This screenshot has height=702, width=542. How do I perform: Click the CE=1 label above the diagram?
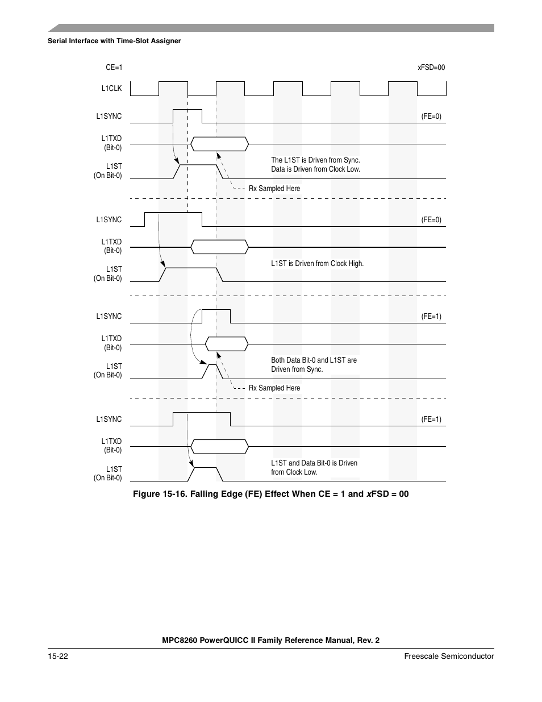pos(114,68)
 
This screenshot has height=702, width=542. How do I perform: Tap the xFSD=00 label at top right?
pos(431,68)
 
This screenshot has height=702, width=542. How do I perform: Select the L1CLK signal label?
pos(111,89)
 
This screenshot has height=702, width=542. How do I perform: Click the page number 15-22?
pos(58,656)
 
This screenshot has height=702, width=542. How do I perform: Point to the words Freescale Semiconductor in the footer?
pos(449,656)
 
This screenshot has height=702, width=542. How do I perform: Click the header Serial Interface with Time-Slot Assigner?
pos(114,41)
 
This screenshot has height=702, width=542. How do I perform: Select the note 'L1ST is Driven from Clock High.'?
pos(317,264)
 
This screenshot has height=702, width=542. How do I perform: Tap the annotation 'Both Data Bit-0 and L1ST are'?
pos(314,360)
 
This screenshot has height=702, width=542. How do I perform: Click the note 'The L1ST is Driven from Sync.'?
pos(315,160)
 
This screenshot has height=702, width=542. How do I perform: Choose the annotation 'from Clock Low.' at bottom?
pos(294,472)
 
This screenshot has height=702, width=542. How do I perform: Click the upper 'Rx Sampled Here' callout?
pos(274,189)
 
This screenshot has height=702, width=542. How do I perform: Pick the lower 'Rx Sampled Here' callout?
pos(274,388)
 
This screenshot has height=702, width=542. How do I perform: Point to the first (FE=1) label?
pos(431,317)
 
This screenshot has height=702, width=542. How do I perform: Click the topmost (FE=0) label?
pos(431,117)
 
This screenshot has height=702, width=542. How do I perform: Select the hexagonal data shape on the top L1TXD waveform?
pos(219,144)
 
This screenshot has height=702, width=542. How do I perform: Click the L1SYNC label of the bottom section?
pos(109,419)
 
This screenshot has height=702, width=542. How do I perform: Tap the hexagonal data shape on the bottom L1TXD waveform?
pos(219,447)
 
